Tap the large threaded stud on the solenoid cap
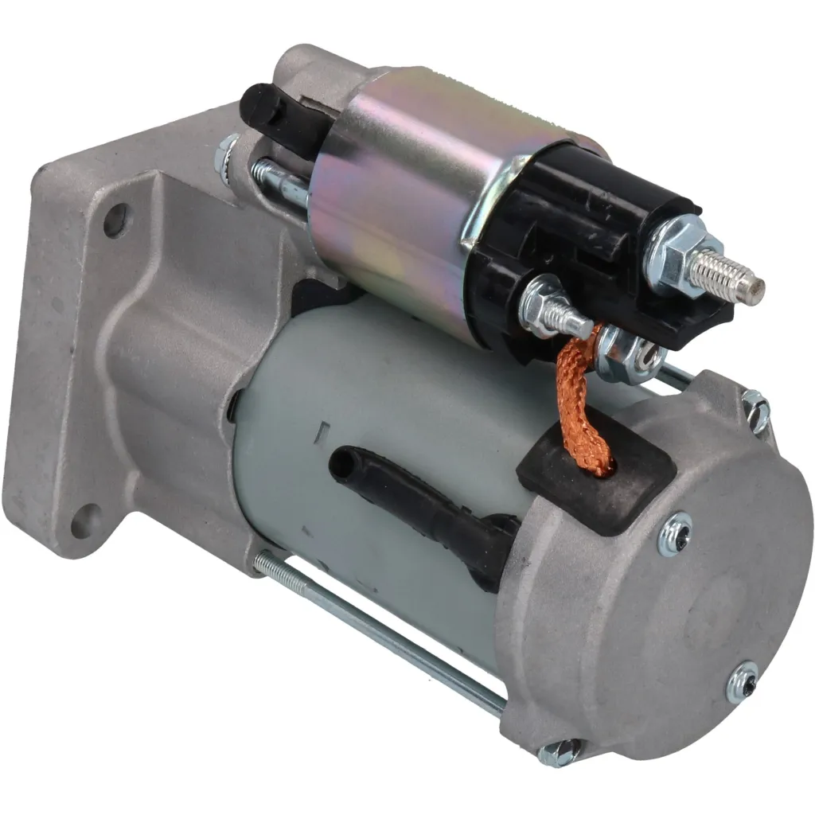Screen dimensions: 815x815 click(727, 275)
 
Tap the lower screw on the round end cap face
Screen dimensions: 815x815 click(745, 680)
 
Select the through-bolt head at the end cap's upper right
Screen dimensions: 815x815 click(756, 410)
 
